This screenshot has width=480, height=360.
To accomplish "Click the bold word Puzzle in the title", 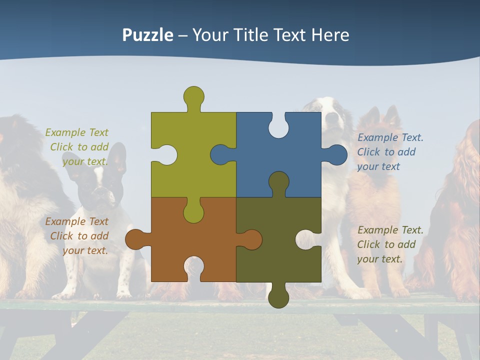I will (147, 35).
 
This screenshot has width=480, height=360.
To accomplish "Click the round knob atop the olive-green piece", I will (193, 96).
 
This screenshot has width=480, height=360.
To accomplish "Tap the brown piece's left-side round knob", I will (134, 239).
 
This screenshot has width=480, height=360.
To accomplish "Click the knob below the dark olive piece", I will (278, 297).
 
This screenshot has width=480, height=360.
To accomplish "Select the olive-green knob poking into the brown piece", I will (193, 212).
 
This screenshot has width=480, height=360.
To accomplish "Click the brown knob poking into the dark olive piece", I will (251, 239).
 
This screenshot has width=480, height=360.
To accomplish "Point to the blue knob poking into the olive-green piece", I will (220, 154).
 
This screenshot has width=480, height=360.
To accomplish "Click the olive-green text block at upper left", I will (77, 147).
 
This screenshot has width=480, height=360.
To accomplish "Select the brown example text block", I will (77, 236).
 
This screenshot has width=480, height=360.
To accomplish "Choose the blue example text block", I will (390, 152).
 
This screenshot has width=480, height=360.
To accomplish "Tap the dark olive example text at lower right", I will (390, 244).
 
